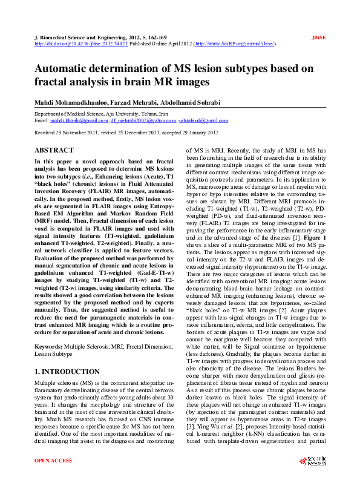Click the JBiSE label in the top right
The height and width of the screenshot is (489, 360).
coord(319,38)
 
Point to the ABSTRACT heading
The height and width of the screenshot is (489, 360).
coord(54,149)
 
